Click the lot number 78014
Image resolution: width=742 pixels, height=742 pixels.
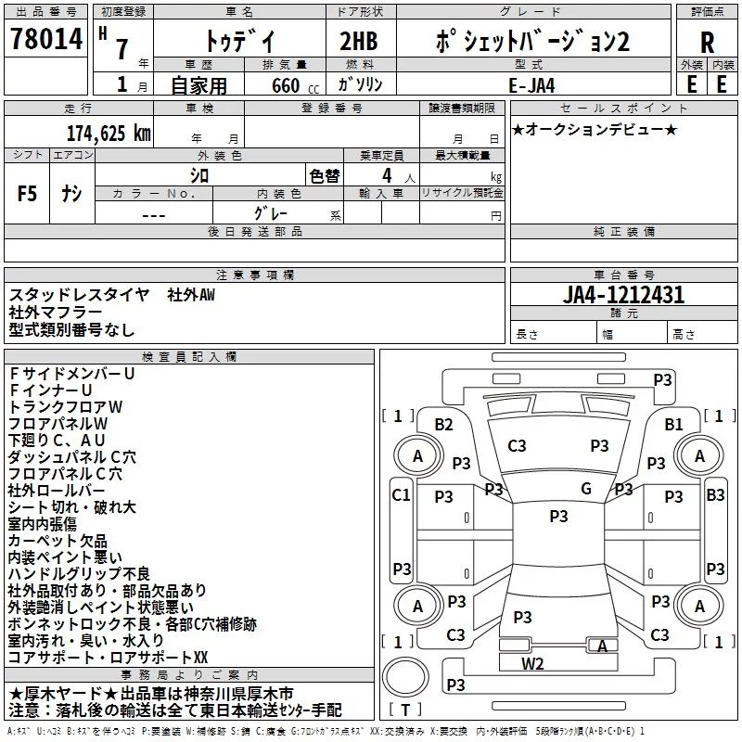coord(46,38)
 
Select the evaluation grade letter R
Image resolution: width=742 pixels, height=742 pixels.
coord(707,43)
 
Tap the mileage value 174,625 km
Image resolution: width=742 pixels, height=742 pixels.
coord(109,134)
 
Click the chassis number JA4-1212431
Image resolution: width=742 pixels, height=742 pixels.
coord(623,295)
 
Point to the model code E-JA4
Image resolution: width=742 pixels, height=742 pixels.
coord(531,85)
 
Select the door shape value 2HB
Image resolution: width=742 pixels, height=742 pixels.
coord(359,41)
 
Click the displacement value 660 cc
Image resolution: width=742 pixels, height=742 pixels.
coord(295,85)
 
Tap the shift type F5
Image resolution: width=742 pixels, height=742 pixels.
coord(27,194)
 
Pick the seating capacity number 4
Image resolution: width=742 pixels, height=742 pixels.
coord(387,175)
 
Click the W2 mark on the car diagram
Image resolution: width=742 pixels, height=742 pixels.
coord(532,664)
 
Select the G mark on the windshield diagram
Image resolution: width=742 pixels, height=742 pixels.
coord(586,489)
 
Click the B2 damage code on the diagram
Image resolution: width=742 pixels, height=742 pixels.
coord(443,425)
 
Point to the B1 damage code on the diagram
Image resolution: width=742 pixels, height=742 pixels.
coord(673,425)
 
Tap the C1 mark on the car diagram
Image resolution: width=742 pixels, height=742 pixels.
coord(401,495)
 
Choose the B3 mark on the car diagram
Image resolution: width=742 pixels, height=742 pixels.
coord(715,495)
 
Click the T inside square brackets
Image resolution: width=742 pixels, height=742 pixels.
coord(405,710)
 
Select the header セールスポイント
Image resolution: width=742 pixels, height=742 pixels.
coord(623,108)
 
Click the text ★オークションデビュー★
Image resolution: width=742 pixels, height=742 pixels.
coord(595,129)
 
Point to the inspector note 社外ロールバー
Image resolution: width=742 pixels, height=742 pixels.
coord(57,491)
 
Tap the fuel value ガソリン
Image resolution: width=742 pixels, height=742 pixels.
coord(360,84)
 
